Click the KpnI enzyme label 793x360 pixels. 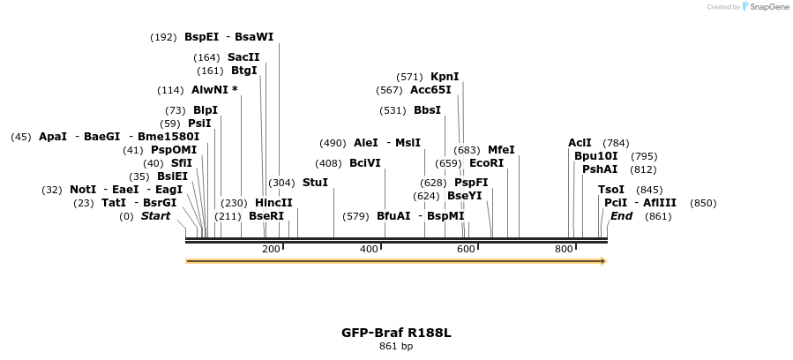coord(445,77)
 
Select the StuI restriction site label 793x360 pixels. coord(315,183)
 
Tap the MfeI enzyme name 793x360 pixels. coord(501,150)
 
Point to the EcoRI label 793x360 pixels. coord(486,163)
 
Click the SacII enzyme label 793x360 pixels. coord(243,57)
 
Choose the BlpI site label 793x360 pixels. coord(206,110)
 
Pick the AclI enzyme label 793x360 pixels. coord(580,143)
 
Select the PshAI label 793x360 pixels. coord(600,169)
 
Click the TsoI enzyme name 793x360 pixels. coord(611,190)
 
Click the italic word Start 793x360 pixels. coord(156,216)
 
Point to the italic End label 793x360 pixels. coord(621,216)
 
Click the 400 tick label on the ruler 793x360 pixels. coord(369,250)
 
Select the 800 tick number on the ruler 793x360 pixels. coord(564,250)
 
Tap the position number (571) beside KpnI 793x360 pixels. coord(410,77)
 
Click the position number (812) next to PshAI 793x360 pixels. coord(643,169)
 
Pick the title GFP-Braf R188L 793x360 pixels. coord(396,333)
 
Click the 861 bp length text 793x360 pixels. coord(396,346)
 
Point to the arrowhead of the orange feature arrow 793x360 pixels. coord(602,261)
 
